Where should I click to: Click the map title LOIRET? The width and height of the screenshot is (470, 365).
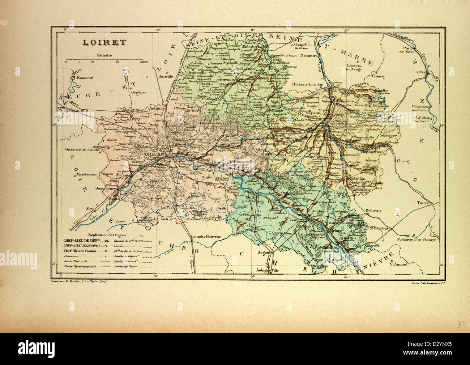(x=104, y=42)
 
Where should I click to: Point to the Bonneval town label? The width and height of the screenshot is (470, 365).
(x=84, y=77)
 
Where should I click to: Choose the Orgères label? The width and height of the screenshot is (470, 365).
(x=139, y=92)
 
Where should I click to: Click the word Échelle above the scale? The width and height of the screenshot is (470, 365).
(x=104, y=55)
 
